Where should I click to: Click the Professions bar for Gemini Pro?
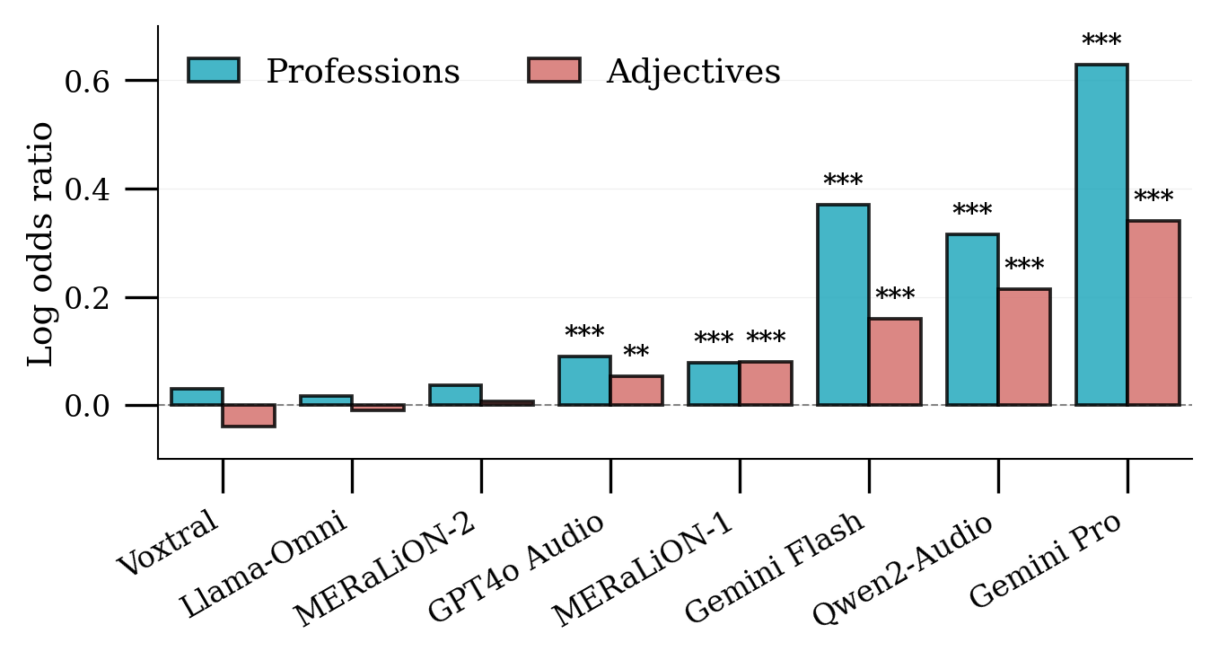click(1101, 234)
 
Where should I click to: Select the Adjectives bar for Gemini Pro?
click(1153, 312)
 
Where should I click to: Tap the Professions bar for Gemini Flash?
click(842, 304)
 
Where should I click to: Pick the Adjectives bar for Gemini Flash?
click(894, 362)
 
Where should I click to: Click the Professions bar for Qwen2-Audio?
click(971, 320)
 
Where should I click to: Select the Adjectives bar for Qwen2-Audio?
click(1024, 347)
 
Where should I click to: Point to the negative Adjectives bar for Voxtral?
click(249, 416)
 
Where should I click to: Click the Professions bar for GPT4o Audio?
click(584, 381)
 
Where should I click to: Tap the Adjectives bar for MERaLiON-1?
click(766, 383)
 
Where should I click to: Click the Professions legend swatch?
click(214, 70)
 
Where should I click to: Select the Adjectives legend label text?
click(693, 72)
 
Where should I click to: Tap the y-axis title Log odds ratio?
click(41, 242)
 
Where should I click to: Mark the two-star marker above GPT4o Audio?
click(636, 352)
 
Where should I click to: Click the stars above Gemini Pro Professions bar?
click(1101, 41)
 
